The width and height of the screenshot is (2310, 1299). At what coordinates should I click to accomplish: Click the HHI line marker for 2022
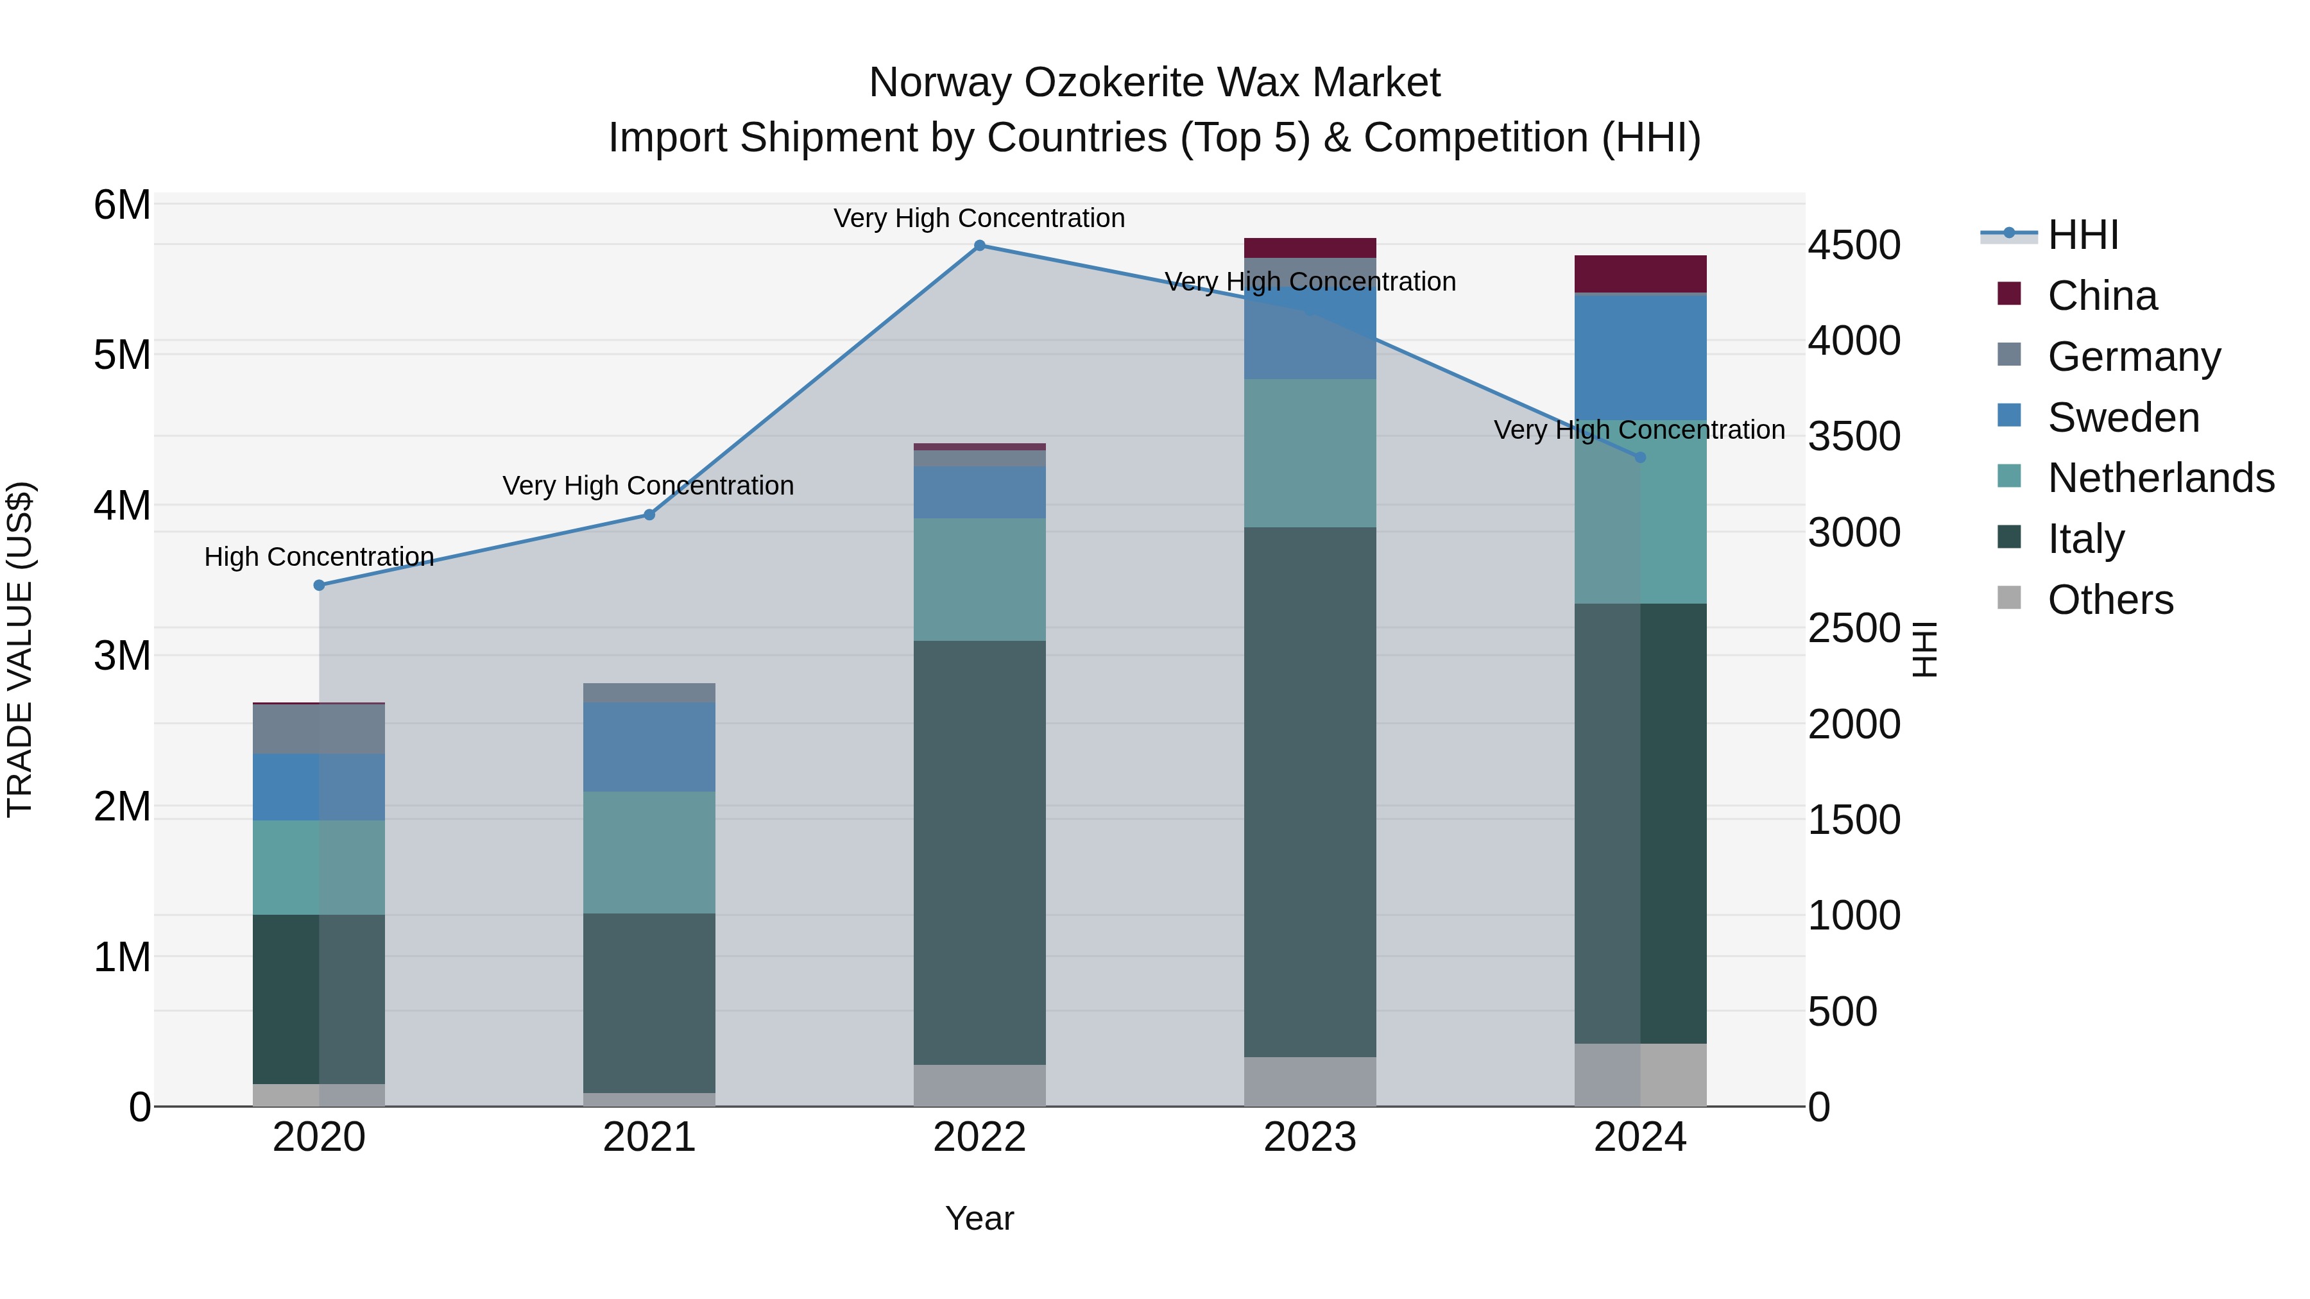point(979,246)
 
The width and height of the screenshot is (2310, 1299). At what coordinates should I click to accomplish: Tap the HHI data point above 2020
point(320,586)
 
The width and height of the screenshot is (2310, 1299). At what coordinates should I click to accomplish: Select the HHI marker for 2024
point(1640,457)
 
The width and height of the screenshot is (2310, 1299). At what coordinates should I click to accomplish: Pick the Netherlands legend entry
point(2160,478)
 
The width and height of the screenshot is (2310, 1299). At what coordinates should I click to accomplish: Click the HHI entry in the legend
point(2082,235)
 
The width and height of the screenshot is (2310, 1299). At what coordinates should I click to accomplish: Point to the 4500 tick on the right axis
point(1854,246)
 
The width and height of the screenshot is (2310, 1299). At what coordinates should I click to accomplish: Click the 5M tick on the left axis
point(122,355)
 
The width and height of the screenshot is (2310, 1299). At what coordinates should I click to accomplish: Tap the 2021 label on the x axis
point(649,1137)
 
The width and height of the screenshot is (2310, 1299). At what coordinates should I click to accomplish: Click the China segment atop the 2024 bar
point(1640,275)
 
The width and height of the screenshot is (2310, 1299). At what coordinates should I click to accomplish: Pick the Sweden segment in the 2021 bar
point(649,747)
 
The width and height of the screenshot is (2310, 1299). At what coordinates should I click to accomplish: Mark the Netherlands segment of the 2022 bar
point(979,579)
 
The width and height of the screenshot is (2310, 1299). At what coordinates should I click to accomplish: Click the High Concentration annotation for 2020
point(320,557)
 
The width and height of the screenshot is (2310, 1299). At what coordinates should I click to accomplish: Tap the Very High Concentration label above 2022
point(979,218)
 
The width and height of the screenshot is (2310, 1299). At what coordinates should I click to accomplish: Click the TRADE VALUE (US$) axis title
point(20,649)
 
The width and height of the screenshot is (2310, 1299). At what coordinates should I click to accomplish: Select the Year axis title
point(979,1218)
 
